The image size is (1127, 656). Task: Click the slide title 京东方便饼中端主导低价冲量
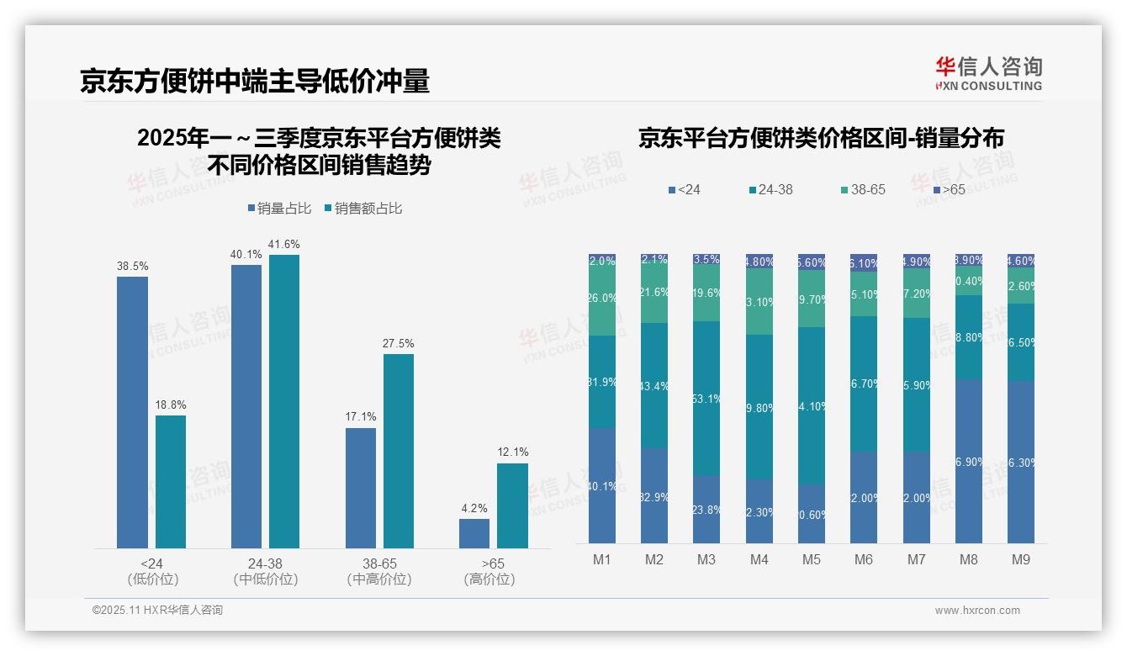[x=255, y=81]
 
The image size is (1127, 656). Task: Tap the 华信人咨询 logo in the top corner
[x=988, y=73]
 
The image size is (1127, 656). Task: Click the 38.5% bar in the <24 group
[x=132, y=412]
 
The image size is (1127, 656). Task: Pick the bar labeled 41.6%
[x=284, y=401]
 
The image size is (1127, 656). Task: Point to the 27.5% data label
[x=399, y=344]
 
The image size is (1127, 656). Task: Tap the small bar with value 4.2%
[x=474, y=533]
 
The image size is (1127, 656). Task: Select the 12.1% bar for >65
[x=512, y=505]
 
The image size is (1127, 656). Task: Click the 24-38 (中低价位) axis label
[x=266, y=571]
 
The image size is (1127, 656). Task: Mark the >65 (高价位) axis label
[x=489, y=571]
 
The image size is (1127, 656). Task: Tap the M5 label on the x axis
[x=811, y=559]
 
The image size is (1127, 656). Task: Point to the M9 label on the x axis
[x=1020, y=559]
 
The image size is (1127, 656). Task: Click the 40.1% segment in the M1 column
[x=602, y=485]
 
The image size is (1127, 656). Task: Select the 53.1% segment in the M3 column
[x=706, y=399]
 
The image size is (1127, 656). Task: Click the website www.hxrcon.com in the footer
[x=976, y=611]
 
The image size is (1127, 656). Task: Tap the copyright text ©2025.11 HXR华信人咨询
[x=157, y=611]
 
